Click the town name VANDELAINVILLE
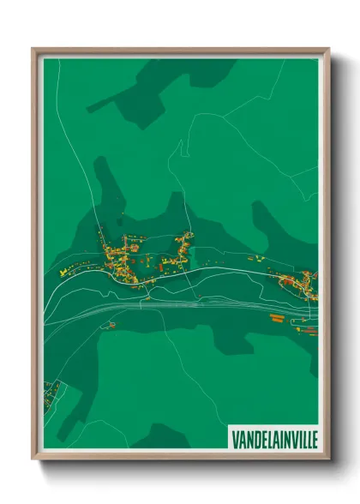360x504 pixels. coord(273,438)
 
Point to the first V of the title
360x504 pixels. coord(235,438)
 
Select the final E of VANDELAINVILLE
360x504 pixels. coord(311,438)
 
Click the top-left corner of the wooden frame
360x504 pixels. coord(33,50)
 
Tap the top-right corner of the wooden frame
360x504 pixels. coord(328,50)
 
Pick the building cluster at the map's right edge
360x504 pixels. coord(300,283)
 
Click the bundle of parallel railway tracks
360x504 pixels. coord(171,303)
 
